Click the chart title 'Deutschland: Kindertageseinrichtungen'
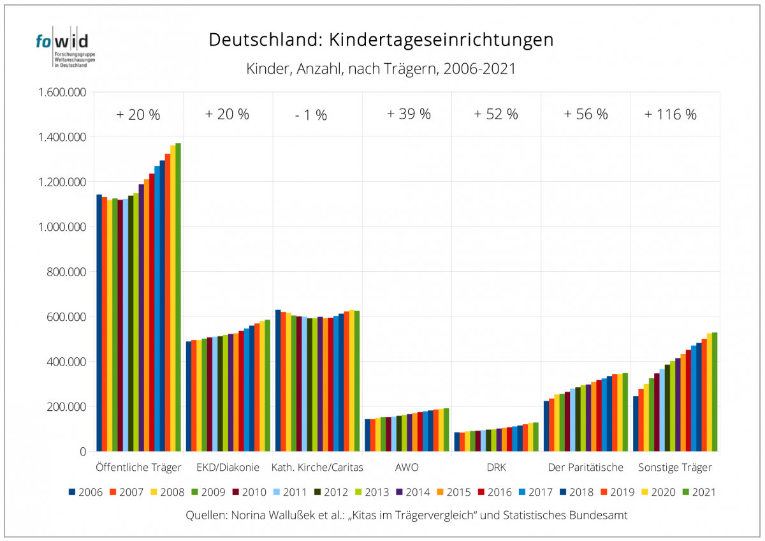[x=381, y=40]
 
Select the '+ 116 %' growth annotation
[x=670, y=115]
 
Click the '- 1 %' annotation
[x=311, y=115]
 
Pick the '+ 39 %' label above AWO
[x=409, y=115]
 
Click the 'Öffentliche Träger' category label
[x=138, y=468]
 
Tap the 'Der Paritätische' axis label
[x=585, y=468]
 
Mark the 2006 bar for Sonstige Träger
[x=636, y=424]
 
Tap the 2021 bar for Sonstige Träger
[x=715, y=392]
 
